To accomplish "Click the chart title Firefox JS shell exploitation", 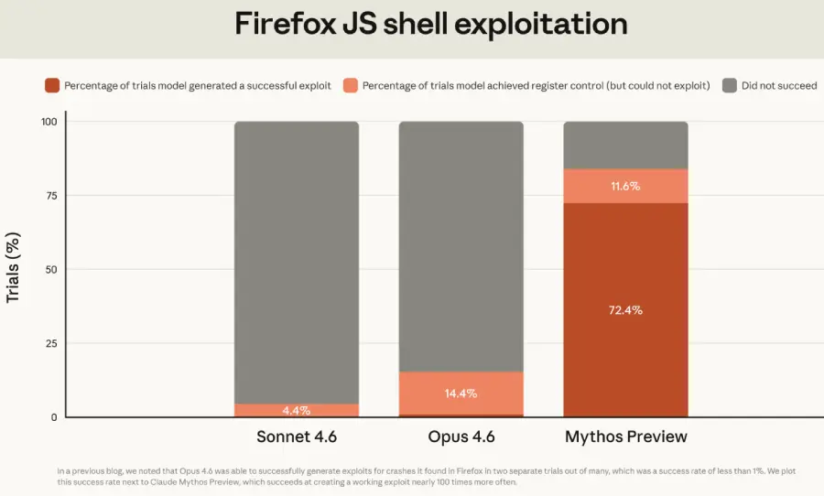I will tap(431, 24).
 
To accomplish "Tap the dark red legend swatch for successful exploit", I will tap(51, 86).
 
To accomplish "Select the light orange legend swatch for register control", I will tap(350, 86).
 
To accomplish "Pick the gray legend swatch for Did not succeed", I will tap(729, 86).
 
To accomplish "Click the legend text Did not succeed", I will tap(779, 86).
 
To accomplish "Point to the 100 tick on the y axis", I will tap(49, 122).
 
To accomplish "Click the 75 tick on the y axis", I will tap(51, 196).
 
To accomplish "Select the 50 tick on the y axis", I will tap(51, 269).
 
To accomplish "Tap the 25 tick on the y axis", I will tap(51, 343).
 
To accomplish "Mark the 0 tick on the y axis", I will tap(54, 417).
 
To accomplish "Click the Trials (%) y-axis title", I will tap(14, 269).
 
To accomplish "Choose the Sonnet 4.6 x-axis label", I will tap(297, 437).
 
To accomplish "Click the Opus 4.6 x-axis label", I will tap(461, 437).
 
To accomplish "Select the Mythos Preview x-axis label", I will tap(625, 437).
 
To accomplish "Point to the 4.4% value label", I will tap(297, 411).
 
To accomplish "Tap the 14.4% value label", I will tap(461, 394).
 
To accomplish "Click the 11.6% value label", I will tap(625, 186).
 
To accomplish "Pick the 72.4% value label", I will tap(625, 310).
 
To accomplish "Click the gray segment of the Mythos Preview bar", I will tap(625, 145).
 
